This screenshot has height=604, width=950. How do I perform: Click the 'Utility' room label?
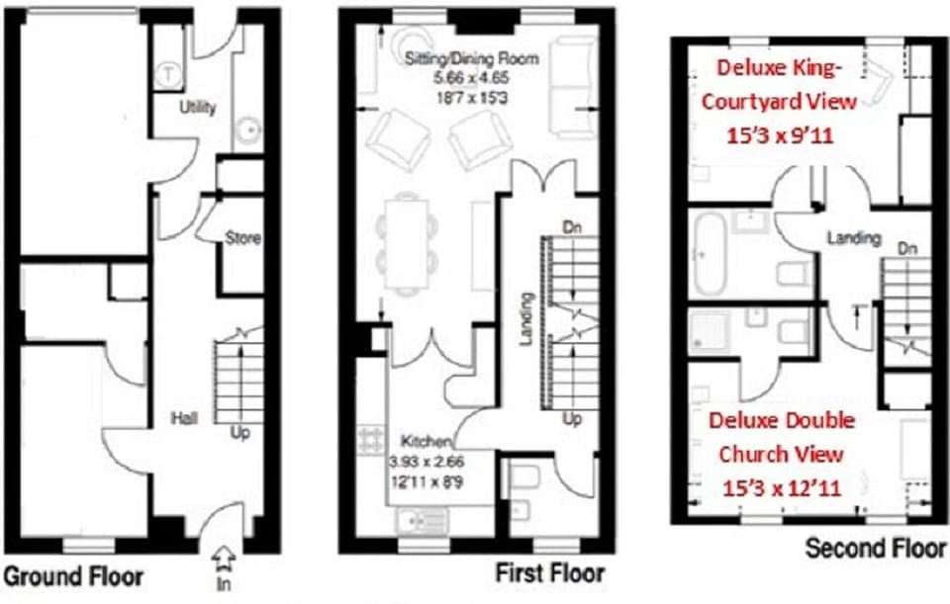pos(198,108)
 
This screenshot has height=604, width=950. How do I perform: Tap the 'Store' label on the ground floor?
pos(242,238)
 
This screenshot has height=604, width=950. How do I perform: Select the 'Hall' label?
pos(184,418)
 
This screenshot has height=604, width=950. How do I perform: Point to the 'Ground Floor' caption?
pos(74,576)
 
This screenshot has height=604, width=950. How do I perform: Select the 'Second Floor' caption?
pos(876,548)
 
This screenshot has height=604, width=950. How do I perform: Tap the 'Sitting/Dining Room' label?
pos(472,59)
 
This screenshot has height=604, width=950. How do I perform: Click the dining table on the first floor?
pos(407,242)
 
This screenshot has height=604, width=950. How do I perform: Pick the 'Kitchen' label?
pos(427,441)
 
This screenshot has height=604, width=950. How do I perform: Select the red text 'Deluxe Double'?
pos(782,421)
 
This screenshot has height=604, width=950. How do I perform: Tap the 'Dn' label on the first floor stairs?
pos(571,227)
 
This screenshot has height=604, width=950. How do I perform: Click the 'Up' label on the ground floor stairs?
pos(239,431)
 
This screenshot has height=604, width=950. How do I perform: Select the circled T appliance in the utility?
pos(170,71)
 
